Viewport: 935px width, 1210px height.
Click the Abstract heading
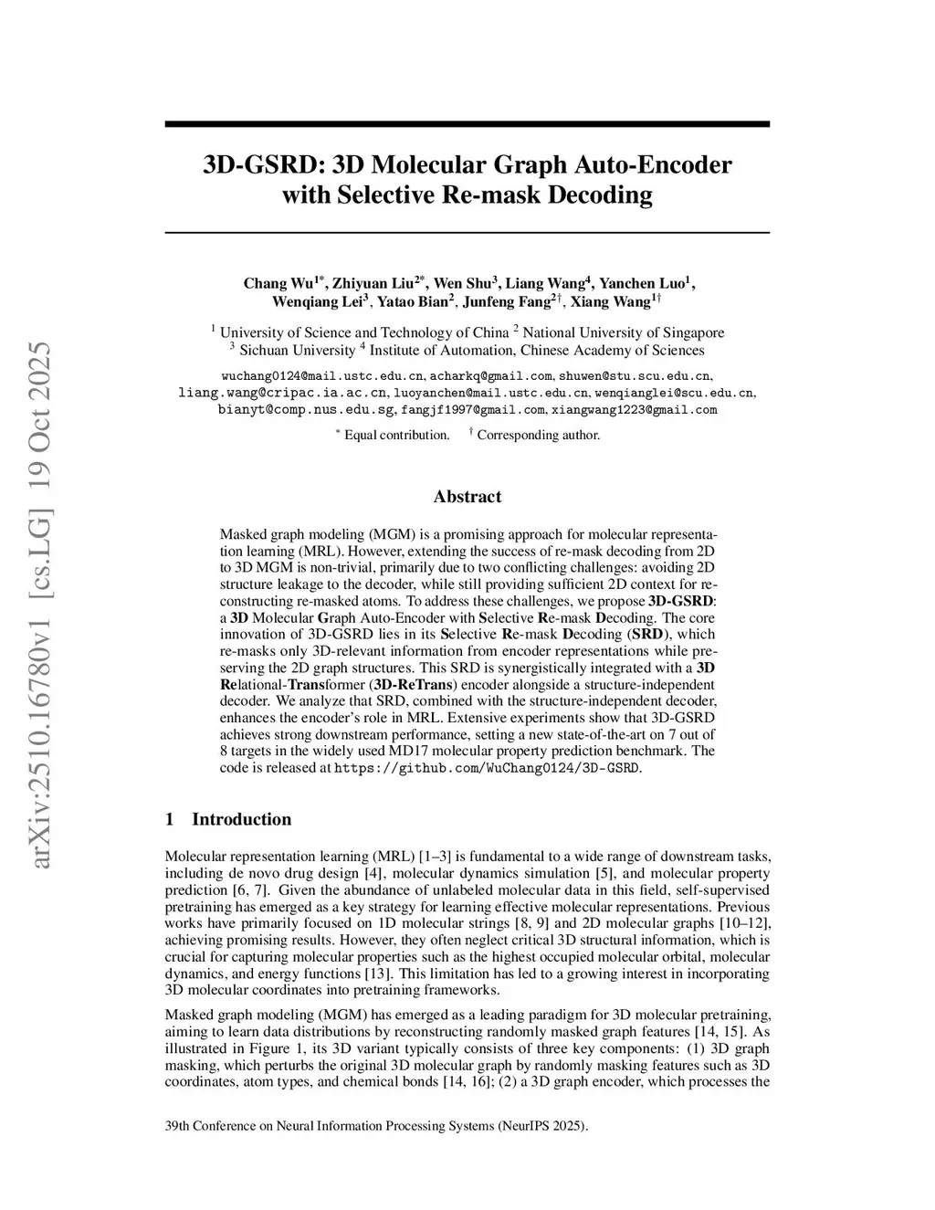[467, 497]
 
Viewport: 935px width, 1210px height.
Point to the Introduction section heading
[241, 819]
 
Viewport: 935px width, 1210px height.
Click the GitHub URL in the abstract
[488, 768]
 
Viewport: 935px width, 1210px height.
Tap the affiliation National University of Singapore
[623, 332]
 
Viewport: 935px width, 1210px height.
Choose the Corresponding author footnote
[538, 435]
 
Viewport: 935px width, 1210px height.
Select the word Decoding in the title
[599, 195]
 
